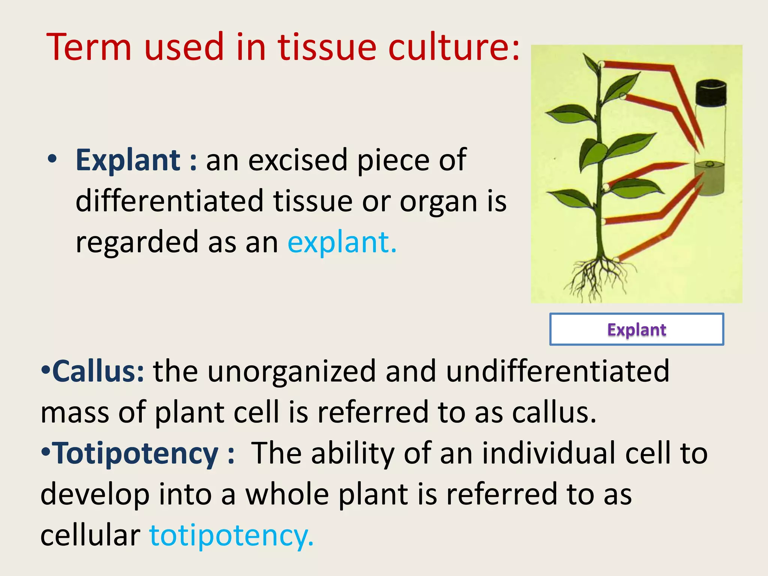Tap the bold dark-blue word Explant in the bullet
click(128, 160)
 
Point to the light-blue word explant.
click(342, 242)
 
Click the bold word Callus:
click(98, 371)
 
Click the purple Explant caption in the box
click(636, 330)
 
